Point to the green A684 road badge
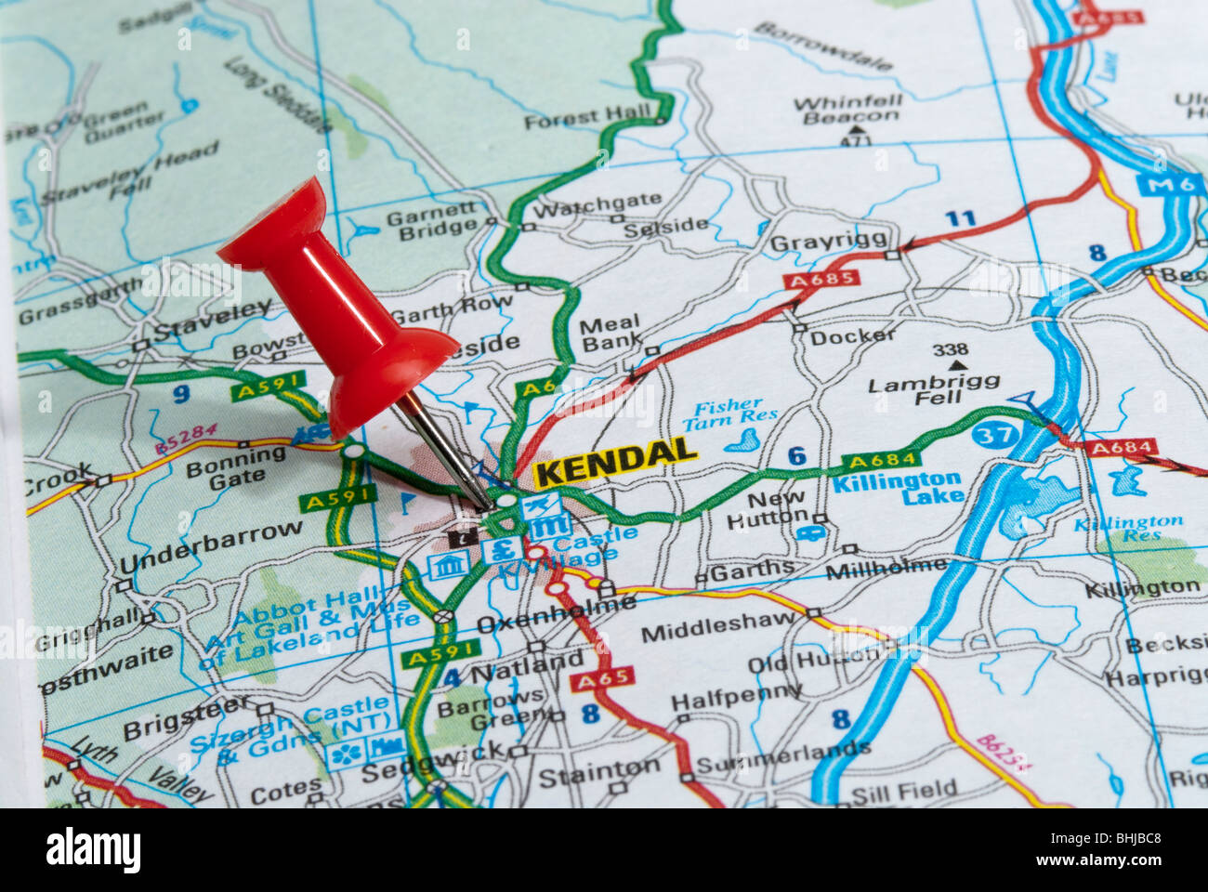881,459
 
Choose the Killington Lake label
897,488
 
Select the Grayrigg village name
829,242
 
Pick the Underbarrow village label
211,548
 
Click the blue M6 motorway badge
1168,184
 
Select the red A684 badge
1123,448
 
